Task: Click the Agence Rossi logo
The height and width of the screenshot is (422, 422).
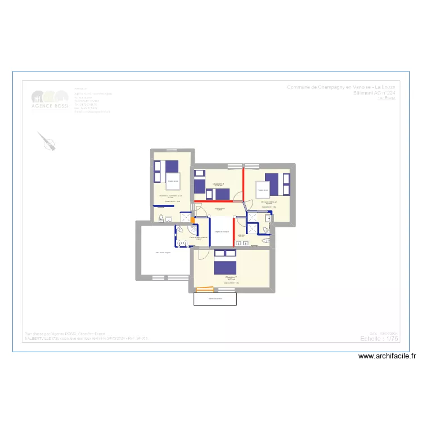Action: click(x=50, y=100)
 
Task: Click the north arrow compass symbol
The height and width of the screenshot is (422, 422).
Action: click(x=47, y=141)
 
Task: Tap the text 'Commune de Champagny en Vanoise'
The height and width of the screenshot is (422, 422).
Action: click(x=340, y=87)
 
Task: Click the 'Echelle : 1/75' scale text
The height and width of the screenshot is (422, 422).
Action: click(x=378, y=338)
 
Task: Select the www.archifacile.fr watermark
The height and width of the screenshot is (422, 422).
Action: click(x=388, y=356)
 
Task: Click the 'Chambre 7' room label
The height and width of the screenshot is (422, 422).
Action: click(x=231, y=277)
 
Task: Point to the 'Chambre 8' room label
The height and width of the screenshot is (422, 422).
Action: click(x=218, y=184)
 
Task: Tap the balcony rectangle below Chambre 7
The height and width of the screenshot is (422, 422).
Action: click(x=215, y=299)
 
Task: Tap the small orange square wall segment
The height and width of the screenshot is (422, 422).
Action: click(x=192, y=219)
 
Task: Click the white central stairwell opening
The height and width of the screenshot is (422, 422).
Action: click(x=222, y=231)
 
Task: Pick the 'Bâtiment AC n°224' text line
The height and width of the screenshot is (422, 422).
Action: click(x=374, y=93)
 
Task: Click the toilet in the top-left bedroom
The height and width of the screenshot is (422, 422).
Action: click(x=162, y=218)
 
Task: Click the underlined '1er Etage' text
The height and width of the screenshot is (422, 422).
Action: click(x=387, y=98)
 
